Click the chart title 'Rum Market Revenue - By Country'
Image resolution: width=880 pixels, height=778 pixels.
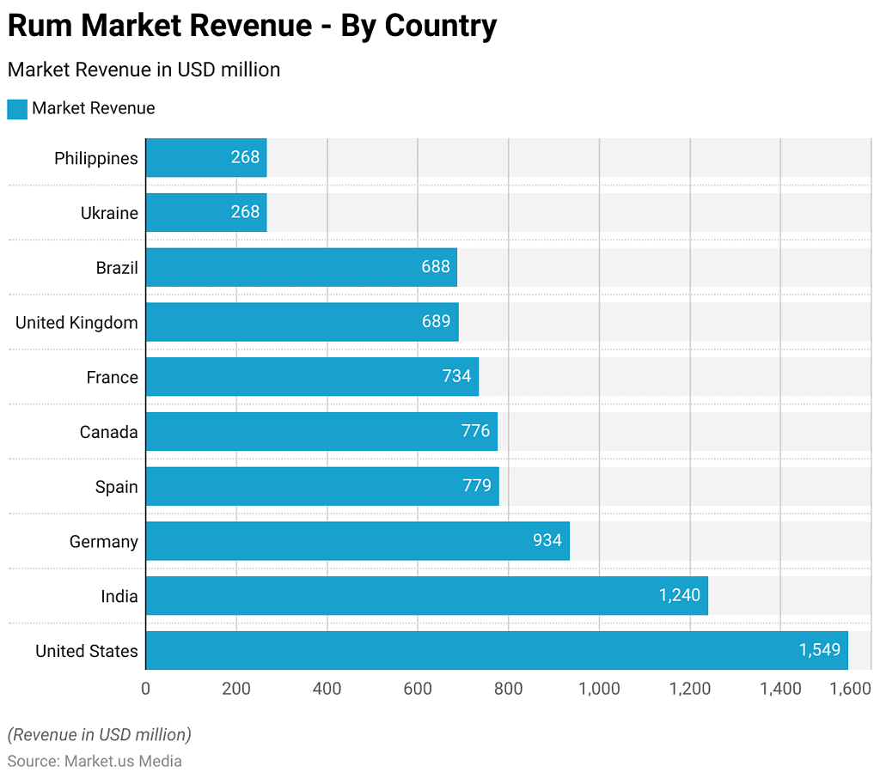[x=252, y=26]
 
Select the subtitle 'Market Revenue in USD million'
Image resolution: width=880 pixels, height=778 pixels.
[x=144, y=70]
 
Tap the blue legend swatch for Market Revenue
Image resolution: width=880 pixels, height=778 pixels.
[x=17, y=109]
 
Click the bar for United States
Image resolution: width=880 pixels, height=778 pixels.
[x=496, y=650]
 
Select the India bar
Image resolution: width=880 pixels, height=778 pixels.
[x=426, y=596]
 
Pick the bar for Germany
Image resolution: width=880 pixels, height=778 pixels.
[x=357, y=541]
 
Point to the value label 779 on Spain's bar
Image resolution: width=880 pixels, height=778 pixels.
[x=476, y=486]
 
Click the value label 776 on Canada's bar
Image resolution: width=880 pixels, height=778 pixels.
[x=475, y=431]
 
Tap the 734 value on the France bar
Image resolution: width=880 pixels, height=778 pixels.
[x=456, y=376]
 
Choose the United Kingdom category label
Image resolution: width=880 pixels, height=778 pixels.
[x=76, y=323]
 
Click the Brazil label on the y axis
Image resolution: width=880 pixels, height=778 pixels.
[x=117, y=268]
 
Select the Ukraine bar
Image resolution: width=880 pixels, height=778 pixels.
[x=205, y=212]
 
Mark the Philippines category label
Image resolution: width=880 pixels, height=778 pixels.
[x=95, y=158]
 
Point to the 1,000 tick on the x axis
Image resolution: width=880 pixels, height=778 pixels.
[x=599, y=688]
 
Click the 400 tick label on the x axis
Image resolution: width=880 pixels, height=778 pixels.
[x=327, y=688]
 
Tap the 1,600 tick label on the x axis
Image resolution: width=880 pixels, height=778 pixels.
[x=850, y=688]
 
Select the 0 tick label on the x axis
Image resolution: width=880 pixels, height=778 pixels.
[x=145, y=688]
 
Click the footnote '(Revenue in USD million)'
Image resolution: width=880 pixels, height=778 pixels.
[x=99, y=734]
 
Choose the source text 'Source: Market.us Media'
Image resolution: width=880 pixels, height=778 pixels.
[x=95, y=761]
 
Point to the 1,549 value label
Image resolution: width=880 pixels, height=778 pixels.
[x=820, y=650]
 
